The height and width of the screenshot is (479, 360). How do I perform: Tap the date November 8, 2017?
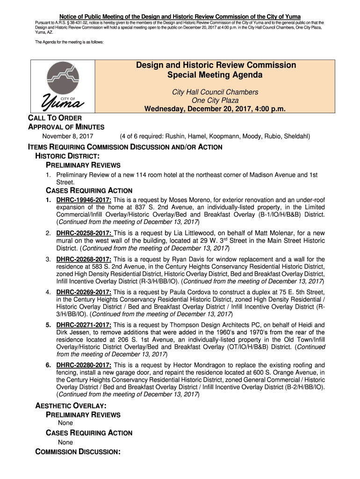click(x=68, y=137)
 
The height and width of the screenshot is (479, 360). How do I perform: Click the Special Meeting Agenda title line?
click(x=215, y=75)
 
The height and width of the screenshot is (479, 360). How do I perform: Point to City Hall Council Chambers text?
click(x=215, y=92)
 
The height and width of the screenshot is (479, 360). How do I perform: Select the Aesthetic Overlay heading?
click(x=70, y=406)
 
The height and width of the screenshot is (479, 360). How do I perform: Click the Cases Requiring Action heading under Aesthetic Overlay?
click(x=89, y=433)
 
